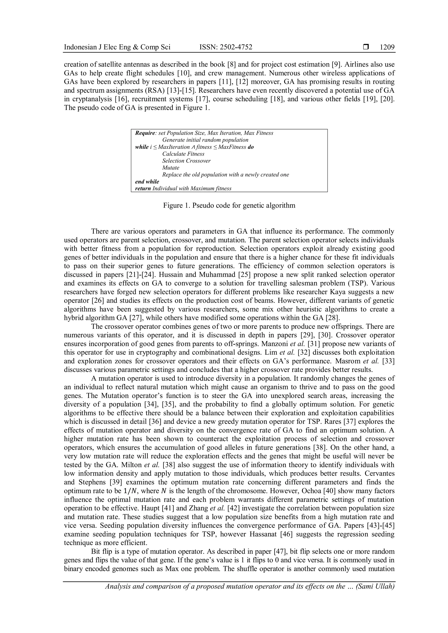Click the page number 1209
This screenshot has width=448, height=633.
[387, 47]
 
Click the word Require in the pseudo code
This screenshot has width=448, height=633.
[145, 133]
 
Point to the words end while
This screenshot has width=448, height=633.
[147, 182]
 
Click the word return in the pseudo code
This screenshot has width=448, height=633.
[143, 189]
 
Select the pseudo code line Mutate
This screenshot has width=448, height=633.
[171, 168]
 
